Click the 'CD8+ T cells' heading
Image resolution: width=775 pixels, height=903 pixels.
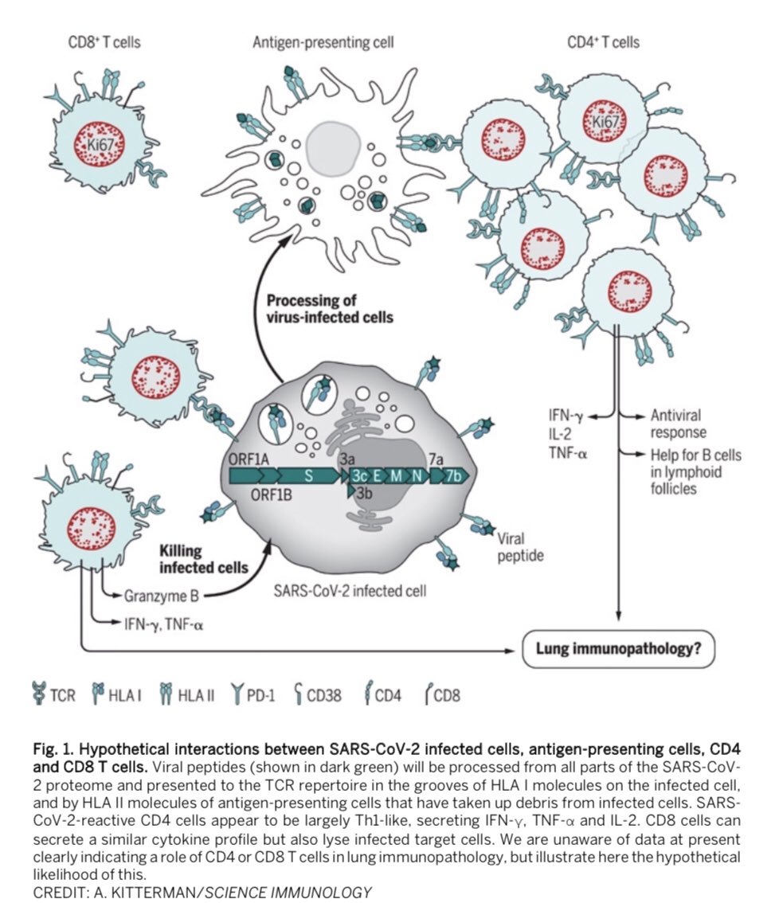pyautogui.click(x=104, y=41)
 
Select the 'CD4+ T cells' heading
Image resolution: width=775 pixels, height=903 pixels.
pyautogui.click(x=604, y=41)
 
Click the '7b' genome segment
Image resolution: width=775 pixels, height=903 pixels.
pyautogui.click(x=454, y=476)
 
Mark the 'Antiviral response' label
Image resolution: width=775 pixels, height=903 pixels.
pyautogui.click(x=678, y=423)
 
